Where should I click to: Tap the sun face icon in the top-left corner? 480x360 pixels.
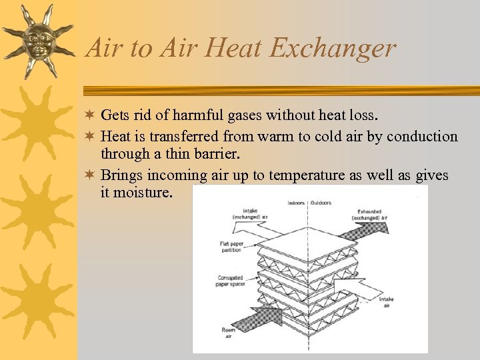coord(37,40)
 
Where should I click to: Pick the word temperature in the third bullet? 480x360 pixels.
coord(322,175)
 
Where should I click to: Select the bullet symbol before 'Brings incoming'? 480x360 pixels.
coord(91,175)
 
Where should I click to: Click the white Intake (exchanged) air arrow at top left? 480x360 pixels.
coord(257,229)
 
